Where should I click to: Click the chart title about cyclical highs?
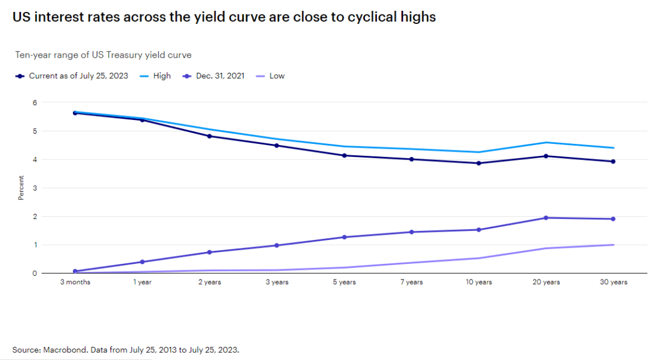[224, 17]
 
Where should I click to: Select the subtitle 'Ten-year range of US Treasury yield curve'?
[103, 55]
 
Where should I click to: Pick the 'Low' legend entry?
[277, 76]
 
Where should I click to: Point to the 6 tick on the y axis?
[35, 103]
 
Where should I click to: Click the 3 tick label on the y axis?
[35, 188]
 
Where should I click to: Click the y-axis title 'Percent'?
[21, 187]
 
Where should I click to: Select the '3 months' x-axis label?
[75, 282]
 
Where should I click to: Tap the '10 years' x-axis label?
[479, 282]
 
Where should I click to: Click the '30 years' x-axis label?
[613, 282]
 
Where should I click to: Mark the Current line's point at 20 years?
[546, 156]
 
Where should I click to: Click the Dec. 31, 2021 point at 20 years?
[546, 218]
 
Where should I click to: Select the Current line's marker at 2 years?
[210, 136]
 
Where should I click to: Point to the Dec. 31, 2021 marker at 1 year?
[142, 262]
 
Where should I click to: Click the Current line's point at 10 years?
[479, 163]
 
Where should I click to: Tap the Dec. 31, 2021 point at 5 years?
[344, 237]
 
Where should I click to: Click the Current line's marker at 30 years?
[613, 161]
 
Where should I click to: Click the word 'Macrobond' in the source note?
[62, 350]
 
